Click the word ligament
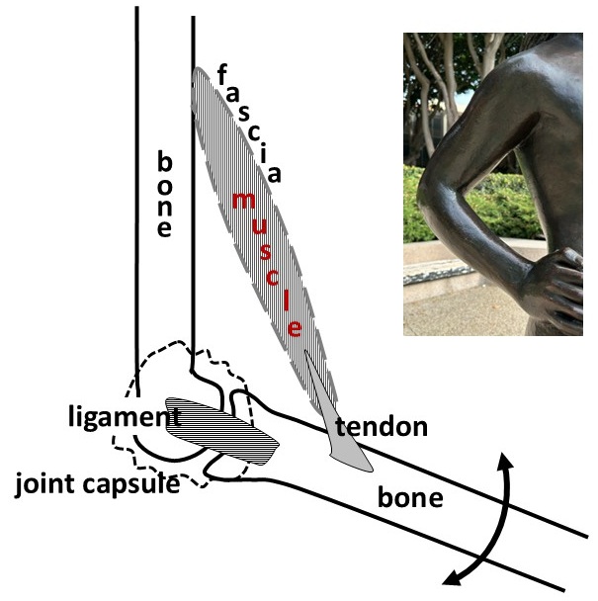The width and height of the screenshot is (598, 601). click(125, 417)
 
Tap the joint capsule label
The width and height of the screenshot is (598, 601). click(98, 484)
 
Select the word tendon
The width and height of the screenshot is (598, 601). click(382, 427)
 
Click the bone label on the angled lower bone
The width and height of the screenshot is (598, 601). click(410, 497)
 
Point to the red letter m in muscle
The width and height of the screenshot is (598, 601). click(244, 201)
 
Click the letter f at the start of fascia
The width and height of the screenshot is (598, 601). click(222, 74)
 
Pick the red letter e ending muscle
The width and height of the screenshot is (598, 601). click(295, 328)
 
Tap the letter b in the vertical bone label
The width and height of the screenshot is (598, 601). click(165, 161)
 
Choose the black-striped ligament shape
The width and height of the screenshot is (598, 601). click(221, 430)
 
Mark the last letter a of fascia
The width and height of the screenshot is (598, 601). click(274, 174)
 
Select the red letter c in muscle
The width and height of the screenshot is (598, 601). click(272, 278)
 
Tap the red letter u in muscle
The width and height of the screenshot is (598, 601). click(259, 226)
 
